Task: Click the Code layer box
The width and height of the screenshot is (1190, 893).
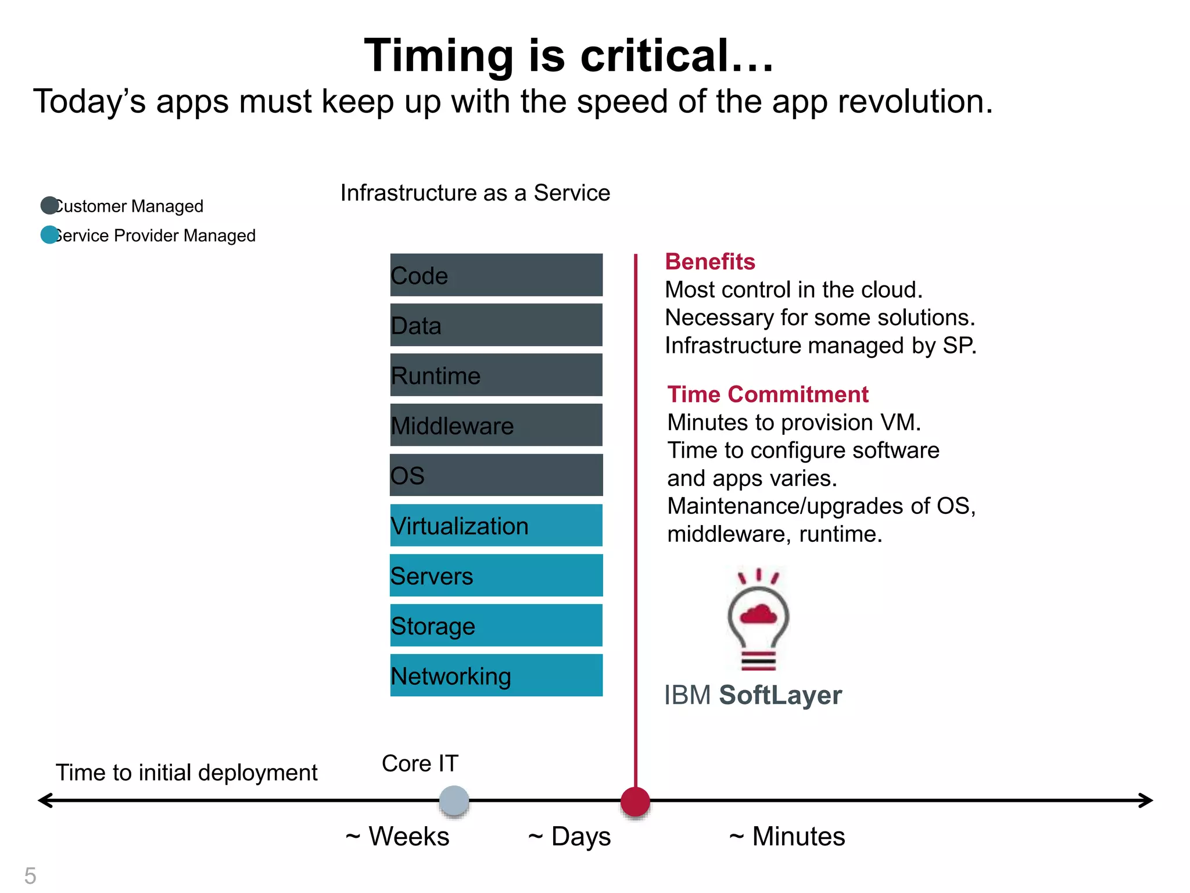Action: (x=496, y=275)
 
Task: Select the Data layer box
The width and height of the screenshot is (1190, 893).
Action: (x=496, y=325)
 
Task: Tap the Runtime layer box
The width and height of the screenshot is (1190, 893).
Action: (x=496, y=375)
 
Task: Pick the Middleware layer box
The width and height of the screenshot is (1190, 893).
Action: (x=496, y=425)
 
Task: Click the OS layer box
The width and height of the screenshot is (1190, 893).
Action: (x=496, y=475)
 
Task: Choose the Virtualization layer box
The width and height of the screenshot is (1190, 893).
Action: (x=496, y=525)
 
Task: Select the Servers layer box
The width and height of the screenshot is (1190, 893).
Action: (x=496, y=575)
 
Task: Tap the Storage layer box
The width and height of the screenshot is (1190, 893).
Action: (x=496, y=625)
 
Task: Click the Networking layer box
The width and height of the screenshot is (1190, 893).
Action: (x=496, y=675)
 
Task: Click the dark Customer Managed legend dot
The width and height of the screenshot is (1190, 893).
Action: (x=49, y=205)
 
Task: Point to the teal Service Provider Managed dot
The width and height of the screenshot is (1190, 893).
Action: (x=49, y=235)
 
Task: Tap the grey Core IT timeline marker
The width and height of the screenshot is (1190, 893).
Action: (x=454, y=801)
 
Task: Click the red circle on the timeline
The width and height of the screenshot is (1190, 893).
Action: (x=635, y=802)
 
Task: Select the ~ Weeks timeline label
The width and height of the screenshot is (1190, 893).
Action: (x=397, y=837)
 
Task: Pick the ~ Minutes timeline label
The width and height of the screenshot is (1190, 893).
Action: (x=787, y=837)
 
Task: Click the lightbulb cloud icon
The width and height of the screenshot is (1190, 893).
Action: (x=758, y=620)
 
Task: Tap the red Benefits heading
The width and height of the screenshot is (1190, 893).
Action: (x=710, y=262)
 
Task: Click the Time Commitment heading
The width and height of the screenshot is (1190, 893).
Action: (x=768, y=394)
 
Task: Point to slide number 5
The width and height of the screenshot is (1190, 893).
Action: (x=30, y=876)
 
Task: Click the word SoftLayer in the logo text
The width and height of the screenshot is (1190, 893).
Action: (x=780, y=695)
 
